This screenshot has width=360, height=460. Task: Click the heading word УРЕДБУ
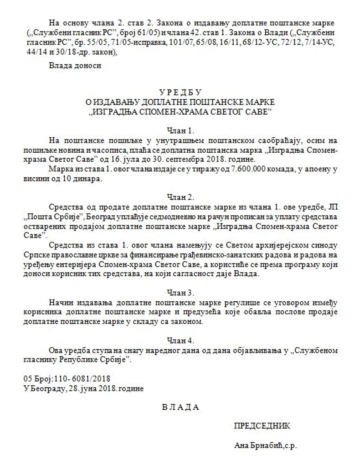tap(180, 92)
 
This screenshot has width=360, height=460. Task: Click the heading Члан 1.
tap(180, 130)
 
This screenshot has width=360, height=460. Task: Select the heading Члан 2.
tap(180, 197)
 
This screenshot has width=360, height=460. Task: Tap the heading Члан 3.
tap(180, 292)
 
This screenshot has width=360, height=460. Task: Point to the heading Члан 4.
tap(180, 340)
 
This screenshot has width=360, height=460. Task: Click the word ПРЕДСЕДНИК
tap(262, 426)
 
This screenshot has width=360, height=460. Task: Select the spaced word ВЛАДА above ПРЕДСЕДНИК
tap(180, 407)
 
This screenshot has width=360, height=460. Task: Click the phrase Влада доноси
tap(75, 65)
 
